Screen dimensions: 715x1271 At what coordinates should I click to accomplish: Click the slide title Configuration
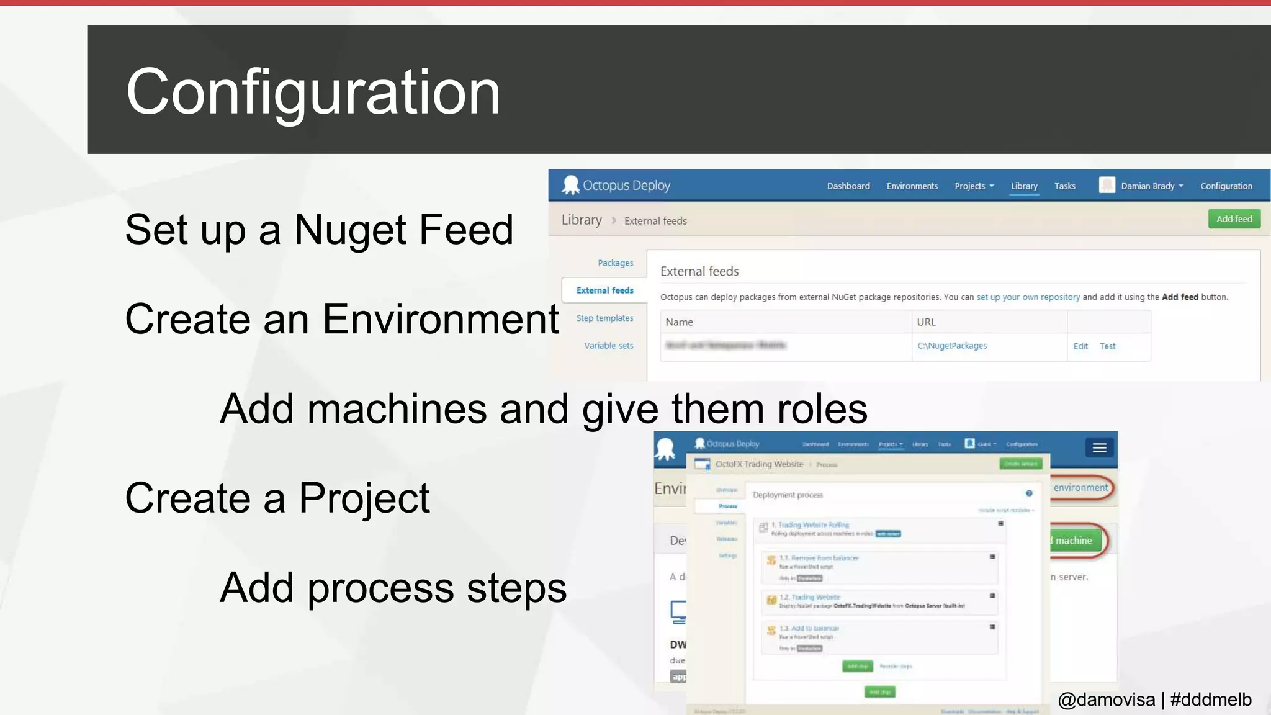pyautogui.click(x=313, y=92)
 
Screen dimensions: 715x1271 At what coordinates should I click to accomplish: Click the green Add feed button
pyautogui.click(x=1234, y=219)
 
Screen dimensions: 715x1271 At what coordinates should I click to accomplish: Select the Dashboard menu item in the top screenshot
pyautogui.click(x=848, y=186)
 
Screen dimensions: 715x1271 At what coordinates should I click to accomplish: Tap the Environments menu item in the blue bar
pyautogui.click(x=912, y=186)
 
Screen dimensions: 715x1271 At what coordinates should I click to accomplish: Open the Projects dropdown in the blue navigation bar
pyautogui.click(x=973, y=186)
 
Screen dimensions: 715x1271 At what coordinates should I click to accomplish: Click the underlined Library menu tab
pyautogui.click(x=1023, y=186)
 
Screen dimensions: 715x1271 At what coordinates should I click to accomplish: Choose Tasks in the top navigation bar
pyautogui.click(x=1064, y=186)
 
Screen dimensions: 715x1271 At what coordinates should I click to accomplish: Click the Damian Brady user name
pyautogui.click(x=1147, y=186)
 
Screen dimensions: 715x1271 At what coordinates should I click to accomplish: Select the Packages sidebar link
pyautogui.click(x=615, y=263)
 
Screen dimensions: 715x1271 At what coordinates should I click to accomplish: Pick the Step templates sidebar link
pyautogui.click(x=604, y=318)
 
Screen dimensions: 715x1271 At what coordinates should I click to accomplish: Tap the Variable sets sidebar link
pyautogui.click(x=608, y=346)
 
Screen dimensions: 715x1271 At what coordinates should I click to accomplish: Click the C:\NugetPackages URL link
pyautogui.click(x=952, y=346)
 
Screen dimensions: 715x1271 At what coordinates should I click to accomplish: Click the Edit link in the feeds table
pyautogui.click(x=1080, y=346)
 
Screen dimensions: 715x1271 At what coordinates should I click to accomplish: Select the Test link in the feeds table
pyautogui.click(x=1107, y=346)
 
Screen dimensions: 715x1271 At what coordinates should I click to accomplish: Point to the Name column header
pyautogui.click(x=679, y=322)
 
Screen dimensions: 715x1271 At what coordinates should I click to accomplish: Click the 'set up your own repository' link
pyautogui.click(x=1028, y=297)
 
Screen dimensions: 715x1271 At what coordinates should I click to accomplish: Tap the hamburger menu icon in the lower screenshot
pyautogui.click(x=1099, y=447)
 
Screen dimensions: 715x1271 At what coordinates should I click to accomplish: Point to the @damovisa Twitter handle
pyautogui.click(x=1106, y=699)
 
